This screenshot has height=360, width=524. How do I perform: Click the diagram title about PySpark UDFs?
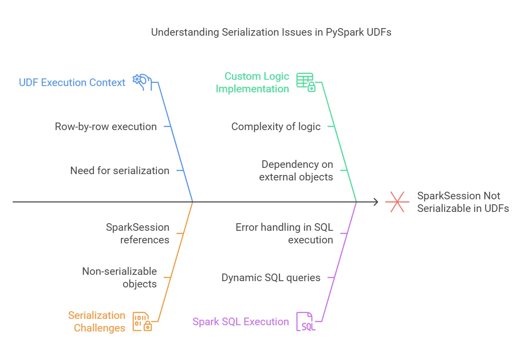[271, 32]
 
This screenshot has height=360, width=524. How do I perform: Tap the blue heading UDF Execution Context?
[72, 83]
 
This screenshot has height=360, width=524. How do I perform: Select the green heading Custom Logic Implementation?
[252, 82]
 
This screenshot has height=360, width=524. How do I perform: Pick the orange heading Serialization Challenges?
[97, 321]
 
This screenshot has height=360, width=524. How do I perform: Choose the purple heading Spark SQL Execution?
[241, 322]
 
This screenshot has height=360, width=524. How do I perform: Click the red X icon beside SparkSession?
[397, 202]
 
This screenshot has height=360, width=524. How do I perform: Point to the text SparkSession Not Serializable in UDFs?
[463, 202]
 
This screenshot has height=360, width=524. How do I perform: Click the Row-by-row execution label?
[106, 126]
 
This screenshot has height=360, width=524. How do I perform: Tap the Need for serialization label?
[120, 170]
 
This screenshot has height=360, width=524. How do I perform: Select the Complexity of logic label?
[276, 126]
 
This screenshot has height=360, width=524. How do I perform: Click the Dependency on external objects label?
[296, 170]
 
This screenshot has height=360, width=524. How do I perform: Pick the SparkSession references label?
[138, 233]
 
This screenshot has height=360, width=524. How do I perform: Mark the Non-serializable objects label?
[120, 277]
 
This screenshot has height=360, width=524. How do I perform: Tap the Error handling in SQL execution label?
[284, 233]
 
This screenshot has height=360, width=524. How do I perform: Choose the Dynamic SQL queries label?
[271, 277]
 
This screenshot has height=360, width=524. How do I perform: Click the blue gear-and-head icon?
[142, 81]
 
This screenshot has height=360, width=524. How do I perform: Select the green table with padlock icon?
[306, 82]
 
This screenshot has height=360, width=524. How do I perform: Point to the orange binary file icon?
[142, 321]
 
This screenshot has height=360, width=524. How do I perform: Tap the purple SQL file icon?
[306, 321]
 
